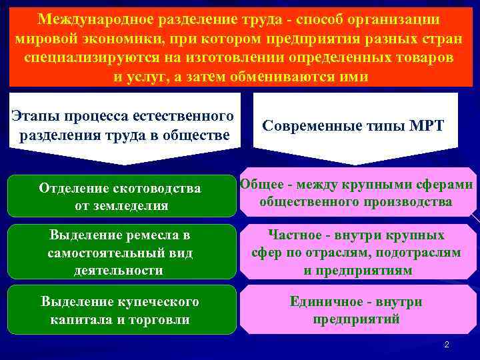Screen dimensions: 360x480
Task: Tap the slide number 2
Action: [447, 345]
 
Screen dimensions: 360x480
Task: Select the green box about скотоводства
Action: [121, 197]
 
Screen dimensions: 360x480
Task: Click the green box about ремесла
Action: [121, 252]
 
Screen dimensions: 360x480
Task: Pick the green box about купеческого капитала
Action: [121, 310]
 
